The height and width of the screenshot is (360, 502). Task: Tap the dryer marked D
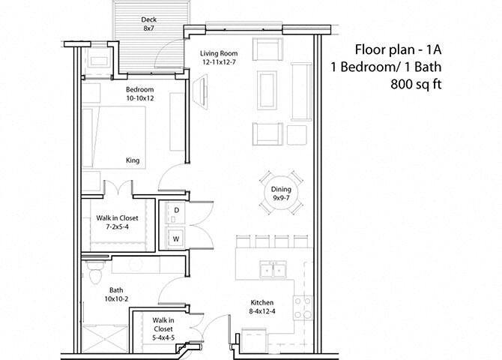click(x=176, y=211)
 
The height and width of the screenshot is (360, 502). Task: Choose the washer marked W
click(x=176, y=238)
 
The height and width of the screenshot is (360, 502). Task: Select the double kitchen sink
click(x=272, y=269)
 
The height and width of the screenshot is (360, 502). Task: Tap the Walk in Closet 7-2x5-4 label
click(x=118, y=222)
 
